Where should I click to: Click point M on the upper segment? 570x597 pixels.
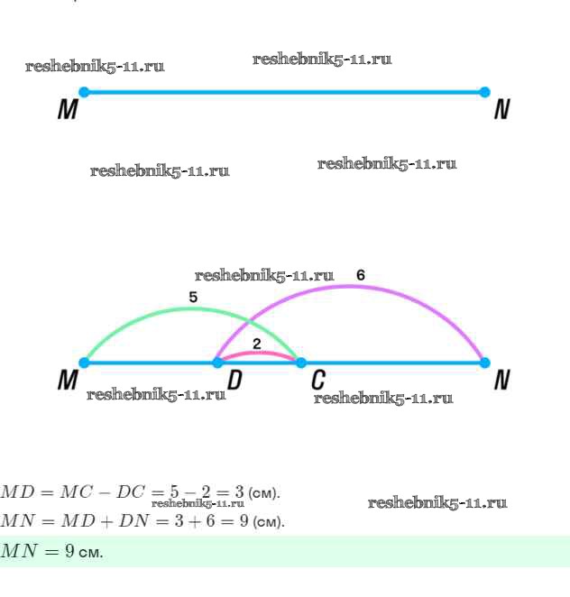(84, 92)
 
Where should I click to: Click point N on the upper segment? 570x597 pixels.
(484, 92)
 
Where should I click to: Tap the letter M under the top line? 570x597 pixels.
(68, 110)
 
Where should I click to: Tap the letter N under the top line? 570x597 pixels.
(502, 110)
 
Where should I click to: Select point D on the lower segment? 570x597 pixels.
(217, 363)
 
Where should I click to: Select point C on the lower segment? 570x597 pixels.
(300, 363)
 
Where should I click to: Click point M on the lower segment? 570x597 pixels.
(84, 363)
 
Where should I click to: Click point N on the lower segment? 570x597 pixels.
(484, 363)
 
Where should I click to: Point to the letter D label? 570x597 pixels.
(234, 381)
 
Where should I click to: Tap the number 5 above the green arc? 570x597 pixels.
(193, 296)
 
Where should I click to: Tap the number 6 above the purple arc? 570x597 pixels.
(361, 275)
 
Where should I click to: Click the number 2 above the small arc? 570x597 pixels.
(257, 343)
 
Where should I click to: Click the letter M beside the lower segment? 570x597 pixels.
(68, 381)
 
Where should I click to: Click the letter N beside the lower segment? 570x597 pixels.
(502, 381)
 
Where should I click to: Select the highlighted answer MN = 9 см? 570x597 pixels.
(52, 551)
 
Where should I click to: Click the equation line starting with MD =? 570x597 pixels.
(140, 492)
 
